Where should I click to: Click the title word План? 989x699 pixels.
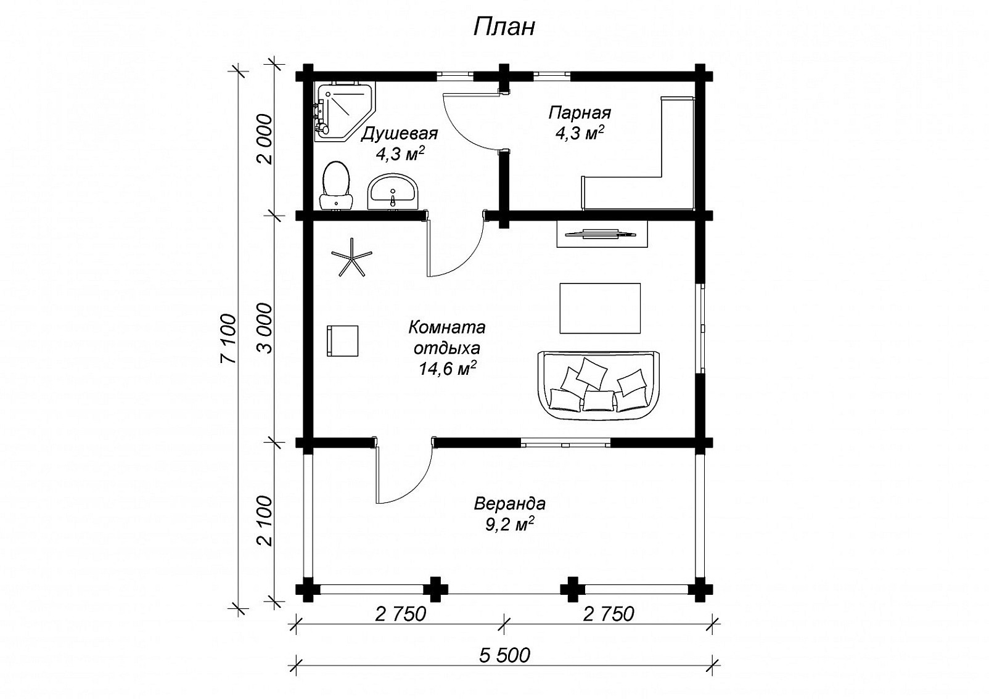tap(504, 27)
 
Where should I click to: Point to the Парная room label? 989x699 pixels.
tap(580, 113)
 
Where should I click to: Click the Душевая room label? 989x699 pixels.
tap(399, 134)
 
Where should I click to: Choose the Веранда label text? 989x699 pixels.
tap(509, 504)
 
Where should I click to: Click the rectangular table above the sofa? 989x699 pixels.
tap(600, 308)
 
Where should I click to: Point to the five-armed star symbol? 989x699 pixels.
tap(352, 257)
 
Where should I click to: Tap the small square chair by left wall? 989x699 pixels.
tap(342, 341)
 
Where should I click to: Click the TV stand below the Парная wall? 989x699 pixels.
tap(602, 234)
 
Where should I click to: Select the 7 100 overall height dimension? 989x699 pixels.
tap(229, 339)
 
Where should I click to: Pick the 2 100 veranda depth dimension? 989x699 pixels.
tap(265, 521)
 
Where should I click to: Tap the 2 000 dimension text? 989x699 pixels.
tap(265, 139)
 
